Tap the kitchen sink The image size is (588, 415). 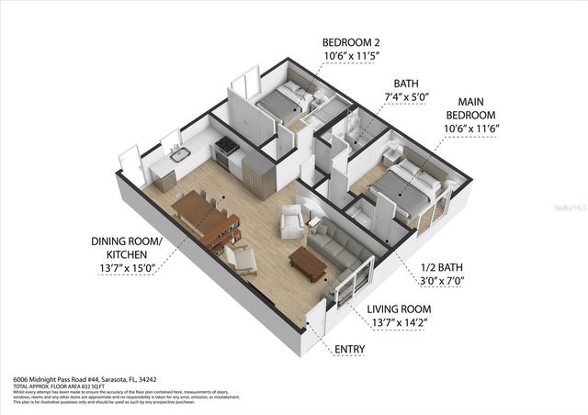pyautogui.click(x=179, y=154)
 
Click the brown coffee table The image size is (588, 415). pyautogui.click(x=307, y=264)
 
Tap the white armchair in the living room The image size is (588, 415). pyautogui.click(x=292, y=221)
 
